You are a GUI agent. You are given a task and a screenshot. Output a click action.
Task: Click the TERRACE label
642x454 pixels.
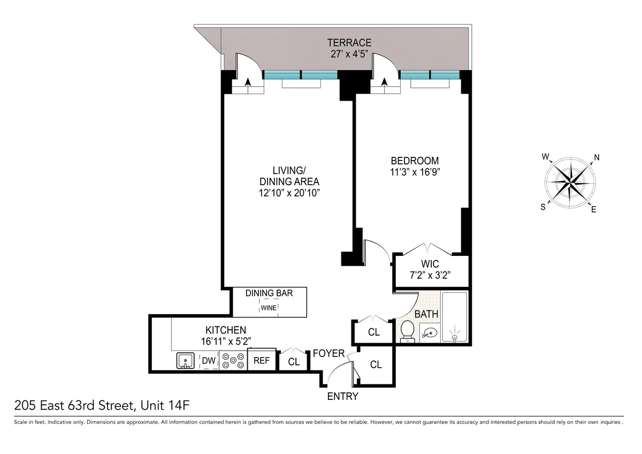click(x=349, y=43)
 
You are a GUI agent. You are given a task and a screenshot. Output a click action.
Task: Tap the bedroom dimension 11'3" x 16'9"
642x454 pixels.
click(x=415, y=172)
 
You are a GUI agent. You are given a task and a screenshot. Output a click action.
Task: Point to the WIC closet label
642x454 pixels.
click(x=430, y=264)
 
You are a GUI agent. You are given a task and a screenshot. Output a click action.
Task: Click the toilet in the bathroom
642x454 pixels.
click(x=407, y=330)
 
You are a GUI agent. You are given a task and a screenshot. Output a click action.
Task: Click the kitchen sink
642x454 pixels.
click(x=186, y=361)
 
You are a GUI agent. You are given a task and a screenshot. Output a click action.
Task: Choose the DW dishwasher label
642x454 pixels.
click(x=209, y=361)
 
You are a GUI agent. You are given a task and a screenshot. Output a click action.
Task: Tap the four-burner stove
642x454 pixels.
click(x=232, y=361)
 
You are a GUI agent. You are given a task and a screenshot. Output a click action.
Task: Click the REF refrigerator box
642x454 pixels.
click(x=262, y=361)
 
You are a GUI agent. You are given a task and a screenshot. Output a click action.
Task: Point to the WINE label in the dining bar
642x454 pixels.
click(x=269, y=308)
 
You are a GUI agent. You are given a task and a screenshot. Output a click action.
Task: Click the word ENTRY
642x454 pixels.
click(x=342, y=397)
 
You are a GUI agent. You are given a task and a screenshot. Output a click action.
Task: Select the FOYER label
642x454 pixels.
click(x=328, y=353)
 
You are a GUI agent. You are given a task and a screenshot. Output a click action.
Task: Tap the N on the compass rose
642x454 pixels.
click(x=597, y=157)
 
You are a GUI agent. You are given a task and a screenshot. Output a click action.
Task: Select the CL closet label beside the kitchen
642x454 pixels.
click(x=294, y=362)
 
